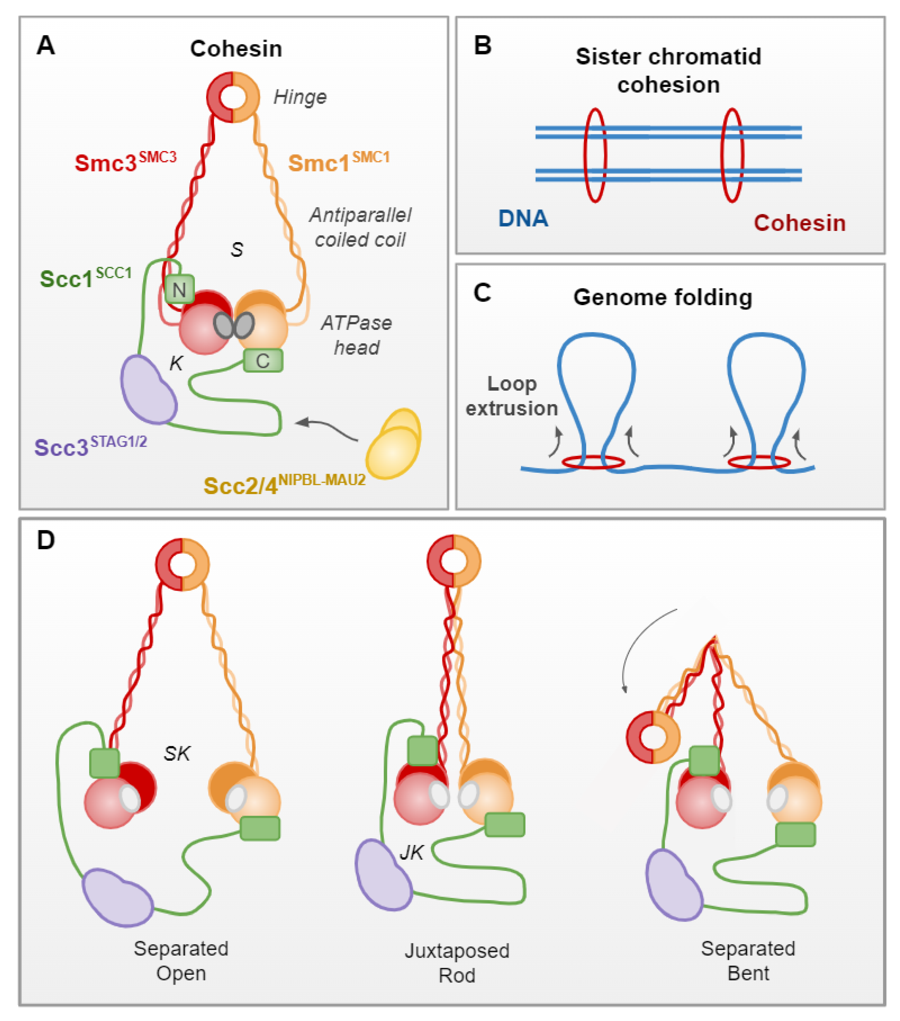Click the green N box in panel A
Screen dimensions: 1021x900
179,289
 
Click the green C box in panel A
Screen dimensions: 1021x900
263,361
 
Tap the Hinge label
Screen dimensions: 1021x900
300,97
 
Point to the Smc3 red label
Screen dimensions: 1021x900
125,162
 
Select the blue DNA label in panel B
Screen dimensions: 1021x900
523,218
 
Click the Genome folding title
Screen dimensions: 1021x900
662,297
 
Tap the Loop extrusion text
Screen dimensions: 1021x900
512,396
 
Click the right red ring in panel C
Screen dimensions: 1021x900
759,462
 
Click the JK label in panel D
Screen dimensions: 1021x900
412,852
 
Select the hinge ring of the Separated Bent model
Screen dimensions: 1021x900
653,737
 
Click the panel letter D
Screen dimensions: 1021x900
46,540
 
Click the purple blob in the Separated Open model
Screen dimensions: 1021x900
118,898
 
